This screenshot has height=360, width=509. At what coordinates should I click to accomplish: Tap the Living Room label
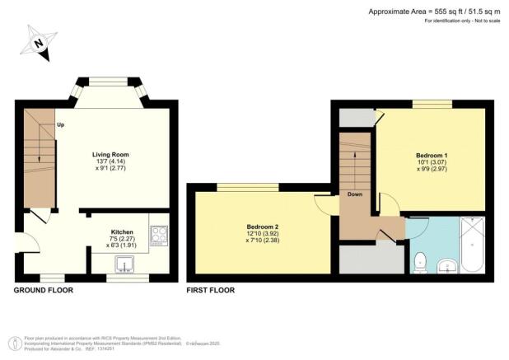click(x=110, y=154)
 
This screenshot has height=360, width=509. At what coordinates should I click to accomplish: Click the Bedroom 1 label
click(x=432, y=155)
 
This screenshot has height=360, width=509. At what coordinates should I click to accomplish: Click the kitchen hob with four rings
click(x=158, y=237)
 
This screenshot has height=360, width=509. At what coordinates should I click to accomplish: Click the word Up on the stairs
click(x=61, y=124)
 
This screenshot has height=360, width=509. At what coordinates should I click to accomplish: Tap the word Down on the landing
click(x=355, y=194)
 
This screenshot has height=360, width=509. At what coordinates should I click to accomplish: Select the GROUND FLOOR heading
click(x=44, y=290)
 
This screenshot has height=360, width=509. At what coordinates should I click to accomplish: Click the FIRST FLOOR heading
click(x=211, y=290)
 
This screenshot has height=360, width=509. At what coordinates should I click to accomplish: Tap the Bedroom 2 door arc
click(x=323, y=203)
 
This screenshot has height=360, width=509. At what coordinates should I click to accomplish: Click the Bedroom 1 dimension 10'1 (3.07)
click(x=432, y=163)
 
